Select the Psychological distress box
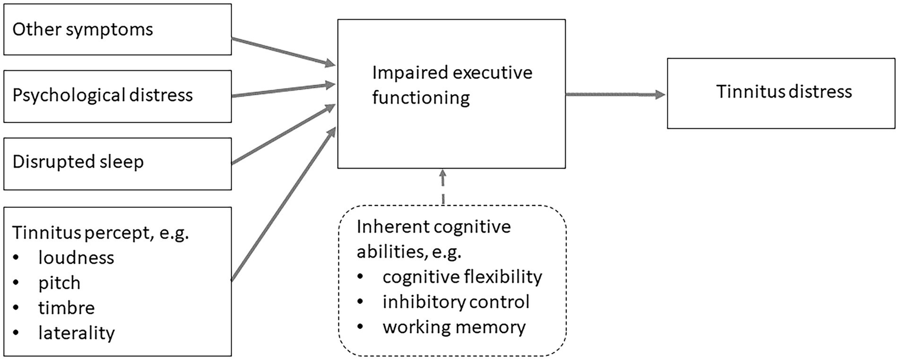coord(117,95)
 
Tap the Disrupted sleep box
coord(117,163)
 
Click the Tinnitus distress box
coord(784,93)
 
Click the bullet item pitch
coord(59,283)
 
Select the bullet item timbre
coord(66,308)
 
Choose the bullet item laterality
coord(76,333)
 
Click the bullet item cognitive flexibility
coord(462,276)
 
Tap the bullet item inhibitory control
coord(456,301)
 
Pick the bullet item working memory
coord(454,327)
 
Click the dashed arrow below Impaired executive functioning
coord(443,187)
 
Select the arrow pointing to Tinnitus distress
coord(615,94)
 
